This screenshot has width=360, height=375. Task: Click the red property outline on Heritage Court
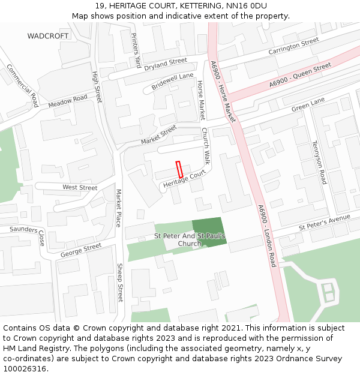click(x=179, y=169)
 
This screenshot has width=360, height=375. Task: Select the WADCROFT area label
click(x=48, y=36)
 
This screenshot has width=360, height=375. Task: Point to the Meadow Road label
click(x=68, y=101)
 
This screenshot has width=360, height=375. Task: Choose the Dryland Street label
click(x=166, y=64)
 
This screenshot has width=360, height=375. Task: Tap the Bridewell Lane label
click(x=172, y=81)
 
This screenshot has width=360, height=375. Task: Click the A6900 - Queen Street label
click(x=300, y=76)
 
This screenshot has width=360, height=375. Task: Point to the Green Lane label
click(x=308, y=104)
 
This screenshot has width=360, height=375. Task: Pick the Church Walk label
click(x=205, y=146)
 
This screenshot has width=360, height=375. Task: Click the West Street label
click(x=80, y=188)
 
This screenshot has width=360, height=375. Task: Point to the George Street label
click(x=81, y=250)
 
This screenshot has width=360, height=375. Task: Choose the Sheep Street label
click(x=120, y=283)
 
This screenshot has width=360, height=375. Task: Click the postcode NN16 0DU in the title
click(x=248, y=6)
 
